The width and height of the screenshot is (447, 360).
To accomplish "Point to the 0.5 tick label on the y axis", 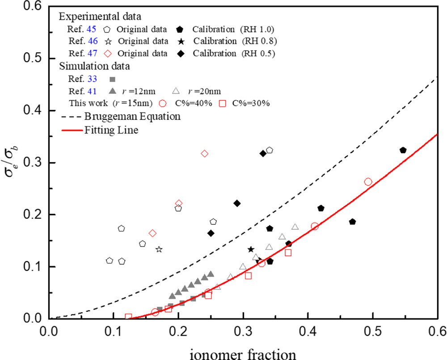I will click(x=32, y=59).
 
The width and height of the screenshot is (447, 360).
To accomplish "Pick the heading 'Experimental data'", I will click(x=101, y=17).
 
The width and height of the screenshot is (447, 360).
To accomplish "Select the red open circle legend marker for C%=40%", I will click(x=164, y=103).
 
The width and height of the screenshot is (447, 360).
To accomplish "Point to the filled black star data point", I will click(x=251, y=249).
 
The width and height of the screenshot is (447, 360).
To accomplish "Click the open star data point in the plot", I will click(x=159, y=249).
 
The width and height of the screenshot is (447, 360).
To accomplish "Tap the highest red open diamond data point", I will click(x=204, y=154).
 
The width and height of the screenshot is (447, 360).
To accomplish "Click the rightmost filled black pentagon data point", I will click(x=403, y=150).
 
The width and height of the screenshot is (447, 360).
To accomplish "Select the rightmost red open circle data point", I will click(x=368, y=182).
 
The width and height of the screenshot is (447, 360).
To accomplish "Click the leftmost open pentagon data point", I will click(x=110, y=260).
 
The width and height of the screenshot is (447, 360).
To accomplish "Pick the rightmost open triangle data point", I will click(x=295, y=227).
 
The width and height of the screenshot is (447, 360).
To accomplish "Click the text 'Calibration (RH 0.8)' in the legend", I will click(x=233, y=41).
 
